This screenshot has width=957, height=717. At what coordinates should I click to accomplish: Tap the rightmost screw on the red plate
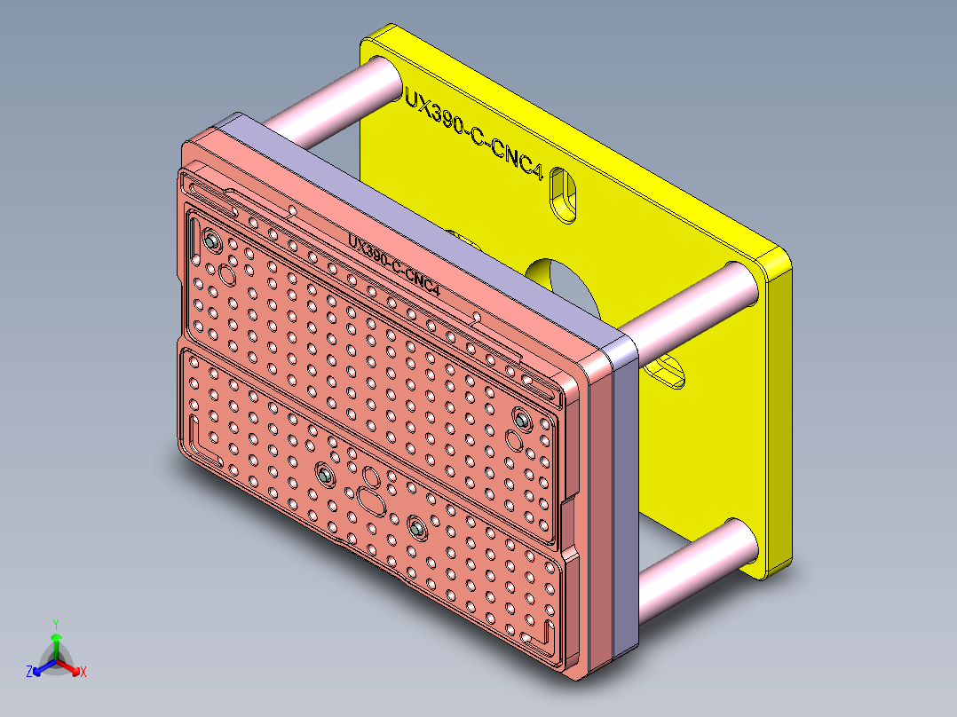pyautogui.click(x=522, y=418)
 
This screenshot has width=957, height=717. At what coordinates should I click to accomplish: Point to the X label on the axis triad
pyautogui.click(x=83, y=673)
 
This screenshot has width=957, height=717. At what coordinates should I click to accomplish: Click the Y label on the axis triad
pyautogui.click(x=55, y=624)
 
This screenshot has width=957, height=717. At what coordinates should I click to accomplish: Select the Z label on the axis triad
pyautogui.click(x=29, y=673)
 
